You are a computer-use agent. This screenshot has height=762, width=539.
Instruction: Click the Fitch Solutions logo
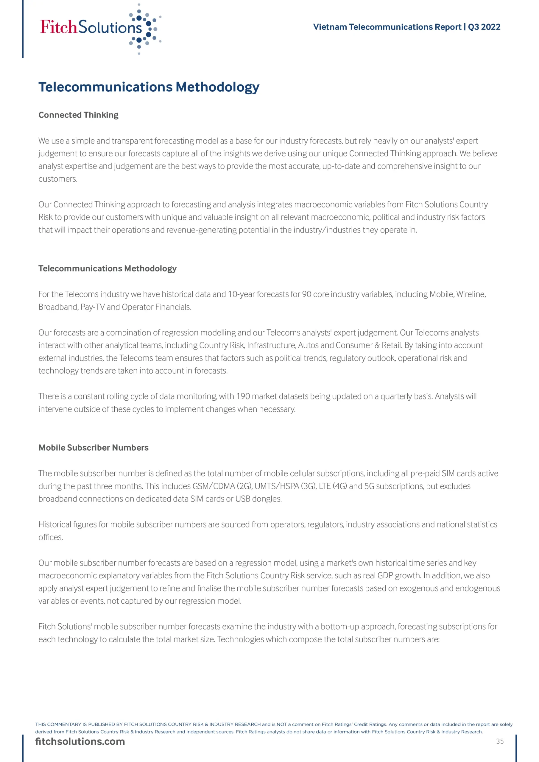(100, 28)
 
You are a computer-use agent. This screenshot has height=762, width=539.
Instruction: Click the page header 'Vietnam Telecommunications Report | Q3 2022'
(406, 27)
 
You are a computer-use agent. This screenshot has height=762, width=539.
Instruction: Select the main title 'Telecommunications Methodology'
(149, 87)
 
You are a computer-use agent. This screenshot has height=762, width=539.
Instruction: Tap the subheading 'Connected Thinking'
(78, 115)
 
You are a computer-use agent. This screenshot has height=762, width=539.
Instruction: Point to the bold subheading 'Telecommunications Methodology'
(107, 268)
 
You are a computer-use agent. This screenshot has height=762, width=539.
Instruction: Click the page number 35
(500, 741)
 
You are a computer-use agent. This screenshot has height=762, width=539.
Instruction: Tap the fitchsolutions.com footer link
(80, 741)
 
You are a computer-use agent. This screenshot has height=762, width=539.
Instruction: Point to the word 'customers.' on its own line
(58, 179)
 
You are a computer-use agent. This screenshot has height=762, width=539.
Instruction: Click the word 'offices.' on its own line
(51, 537)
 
